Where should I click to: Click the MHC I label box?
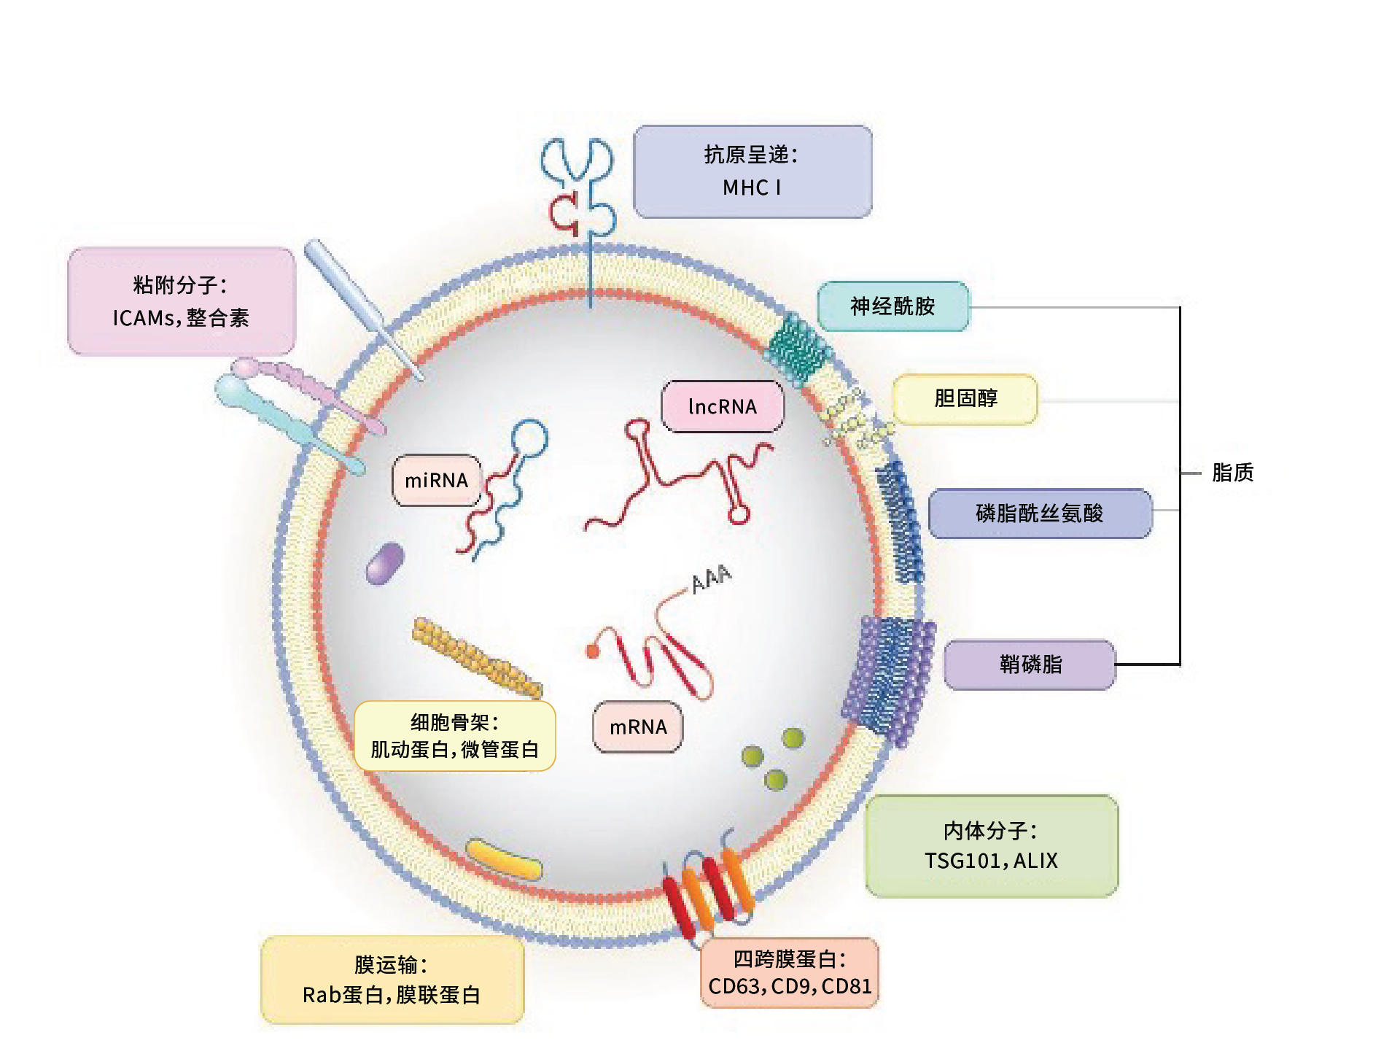tap(752, 172)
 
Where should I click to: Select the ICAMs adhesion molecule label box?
tap(181, 301)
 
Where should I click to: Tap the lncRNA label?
tap(722, 406)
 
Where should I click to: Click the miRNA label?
tap(436, 481)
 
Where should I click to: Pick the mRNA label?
tap(638, 727)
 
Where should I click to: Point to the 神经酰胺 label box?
tap(892, 306)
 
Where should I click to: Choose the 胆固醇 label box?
tap(965, 398)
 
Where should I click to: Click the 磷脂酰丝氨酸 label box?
tap(1040, 513)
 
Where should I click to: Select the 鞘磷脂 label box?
tap(1030, 664)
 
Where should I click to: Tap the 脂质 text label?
tap(1232, 473)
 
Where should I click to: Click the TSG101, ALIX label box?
tap(991, 846)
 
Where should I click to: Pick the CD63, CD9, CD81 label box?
tap(790, 973)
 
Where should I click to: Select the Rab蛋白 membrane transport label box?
tap(392, 980)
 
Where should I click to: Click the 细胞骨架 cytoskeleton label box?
tap(454, 736)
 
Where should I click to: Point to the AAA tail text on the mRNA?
tap(711, 578)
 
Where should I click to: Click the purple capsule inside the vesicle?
tap(385, 563)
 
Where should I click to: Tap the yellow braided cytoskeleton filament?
tap(477, 657)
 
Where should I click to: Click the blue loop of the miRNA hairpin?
tap(529, 438)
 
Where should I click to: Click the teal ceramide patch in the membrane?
tap(797, 349)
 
